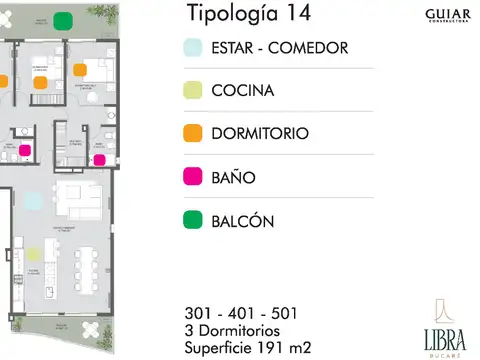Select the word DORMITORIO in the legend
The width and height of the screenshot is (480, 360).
tap(260, 133)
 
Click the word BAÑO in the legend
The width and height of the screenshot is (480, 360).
tap(234, 177)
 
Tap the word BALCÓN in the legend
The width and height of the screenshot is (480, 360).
tap(243, 220)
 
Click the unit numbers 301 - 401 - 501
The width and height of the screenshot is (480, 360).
tap(240, 313)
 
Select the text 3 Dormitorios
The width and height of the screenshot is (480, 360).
tap(239, 330)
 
